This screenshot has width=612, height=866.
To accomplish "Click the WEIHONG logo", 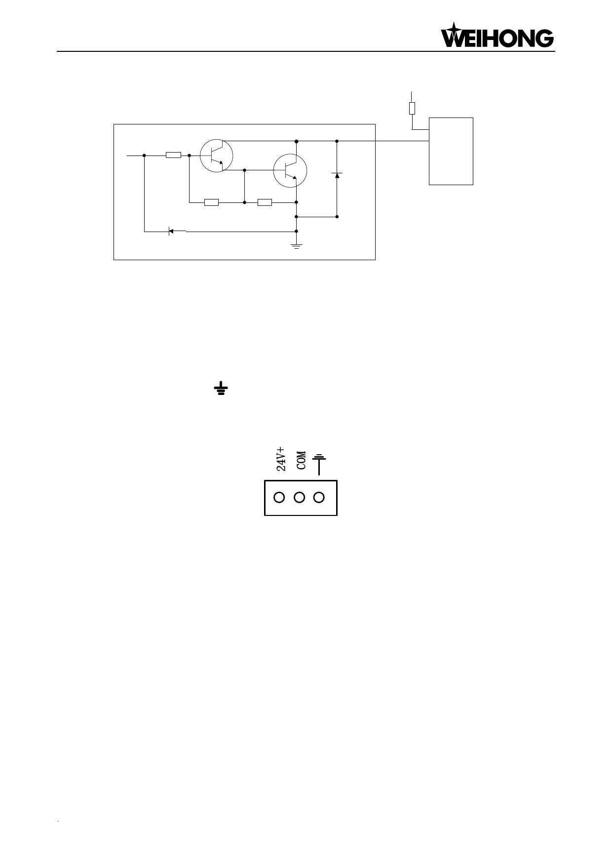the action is pos(497,35).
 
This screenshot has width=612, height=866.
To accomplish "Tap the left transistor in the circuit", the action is pos(216,156).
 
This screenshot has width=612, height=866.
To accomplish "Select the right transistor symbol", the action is pos(290,170).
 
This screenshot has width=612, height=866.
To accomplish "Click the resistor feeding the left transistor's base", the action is pos(173,155).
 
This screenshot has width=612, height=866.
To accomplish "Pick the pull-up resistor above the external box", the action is pos(412,108).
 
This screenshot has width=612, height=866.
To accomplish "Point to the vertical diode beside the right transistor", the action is pos(337,175).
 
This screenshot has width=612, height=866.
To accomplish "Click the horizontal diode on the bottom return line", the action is pos(171,231).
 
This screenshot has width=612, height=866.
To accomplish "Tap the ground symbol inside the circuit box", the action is pos(296,245).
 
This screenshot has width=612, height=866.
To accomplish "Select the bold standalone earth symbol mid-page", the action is pos(221,389).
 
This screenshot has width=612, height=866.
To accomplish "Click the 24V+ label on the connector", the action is pos(280,459).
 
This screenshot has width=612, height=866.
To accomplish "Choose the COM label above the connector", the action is pos(301,460).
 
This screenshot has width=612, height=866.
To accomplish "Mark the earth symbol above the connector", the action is pos(320,465).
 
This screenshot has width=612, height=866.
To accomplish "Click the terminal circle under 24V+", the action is pos(279,497).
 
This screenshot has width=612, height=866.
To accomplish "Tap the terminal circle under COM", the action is pos(299,497).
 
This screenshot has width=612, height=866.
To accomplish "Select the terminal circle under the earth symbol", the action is pos(319,497).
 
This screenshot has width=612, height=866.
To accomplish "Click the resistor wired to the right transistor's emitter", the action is pos(265,202).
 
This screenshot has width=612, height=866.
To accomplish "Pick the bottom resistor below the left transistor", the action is pos(211,202).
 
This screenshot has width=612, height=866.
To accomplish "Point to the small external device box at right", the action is pos(451,151).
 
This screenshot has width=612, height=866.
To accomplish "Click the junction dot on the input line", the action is pos(144,155).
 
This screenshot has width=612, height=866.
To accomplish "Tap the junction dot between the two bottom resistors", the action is pos(244,202).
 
